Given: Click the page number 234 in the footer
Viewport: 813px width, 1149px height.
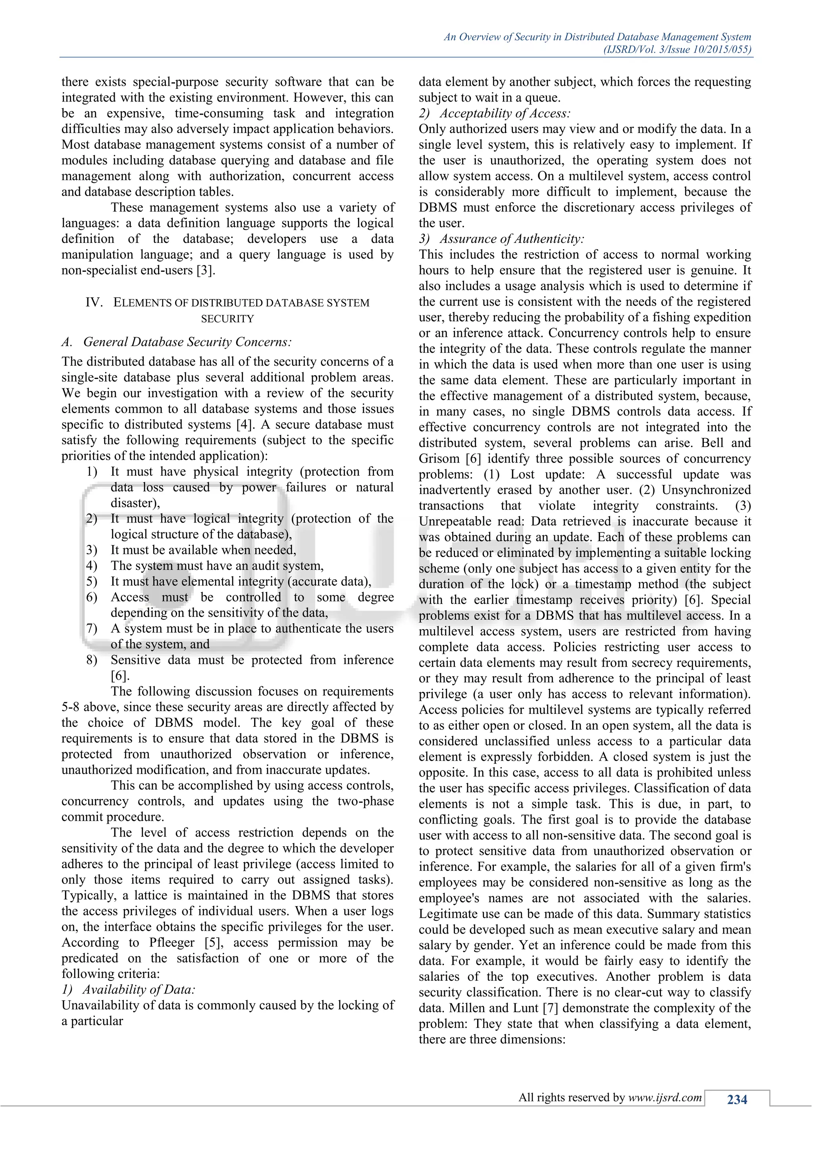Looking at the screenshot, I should pyautogui.click(x=736, y=1099).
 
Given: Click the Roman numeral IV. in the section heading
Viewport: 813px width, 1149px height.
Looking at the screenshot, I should pyautogui.click(x=94, y=302).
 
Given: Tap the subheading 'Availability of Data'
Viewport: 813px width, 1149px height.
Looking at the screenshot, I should pyautogui.click(x=138, y=990).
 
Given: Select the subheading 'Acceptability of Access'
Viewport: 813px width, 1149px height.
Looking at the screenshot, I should pyautogui.click(x=505, y=113).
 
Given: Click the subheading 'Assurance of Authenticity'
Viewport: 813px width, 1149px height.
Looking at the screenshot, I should pyautogui.click(x=512, y=239).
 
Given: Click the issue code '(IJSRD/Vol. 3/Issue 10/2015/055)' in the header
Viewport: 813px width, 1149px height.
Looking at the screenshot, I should pyautogui.click(x=677, y=49).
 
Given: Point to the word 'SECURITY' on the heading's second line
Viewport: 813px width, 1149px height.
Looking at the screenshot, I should pyautogui.click(x=227, y=318).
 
